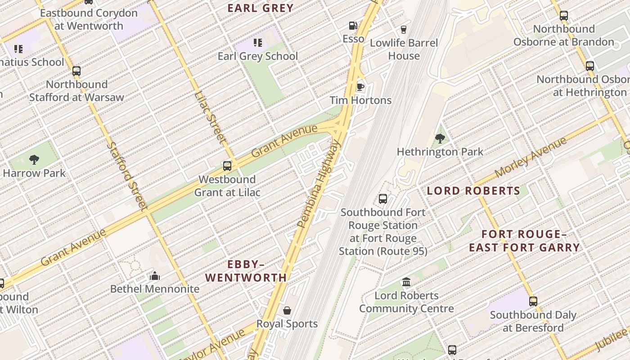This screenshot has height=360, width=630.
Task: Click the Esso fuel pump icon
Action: pyautogui.click(x=353, y=26)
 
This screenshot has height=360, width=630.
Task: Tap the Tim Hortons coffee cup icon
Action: pyautogui.click(x=360, y=87)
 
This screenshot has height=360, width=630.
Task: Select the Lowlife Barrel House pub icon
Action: pyautogui.click(x=403, y=30)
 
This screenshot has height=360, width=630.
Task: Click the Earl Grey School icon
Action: pyautogui.click(x=258, y=43)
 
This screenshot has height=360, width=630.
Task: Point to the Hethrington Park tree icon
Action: pyautogui.click(x=440, y=139)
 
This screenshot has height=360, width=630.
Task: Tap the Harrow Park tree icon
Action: pyautogui.click(x=34, y=159)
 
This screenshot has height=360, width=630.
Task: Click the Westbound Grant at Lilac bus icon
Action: pyautogui.click(x=227, y=166)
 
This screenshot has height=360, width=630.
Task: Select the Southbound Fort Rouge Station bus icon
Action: pyautogui.click(x=383, y=199)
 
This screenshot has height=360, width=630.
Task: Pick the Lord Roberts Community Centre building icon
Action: pyautogui.click(x=406, y=282)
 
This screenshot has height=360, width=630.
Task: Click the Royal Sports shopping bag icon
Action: pyautogui.click(x=287, y=310)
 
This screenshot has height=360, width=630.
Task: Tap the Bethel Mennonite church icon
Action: pyautogui.click(x=155, y=276)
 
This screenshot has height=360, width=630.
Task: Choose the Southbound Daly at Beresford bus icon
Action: pyautogui.click(x=533, y=301)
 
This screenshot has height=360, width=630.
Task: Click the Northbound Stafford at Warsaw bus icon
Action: pyautogui.click(x=76, y=71)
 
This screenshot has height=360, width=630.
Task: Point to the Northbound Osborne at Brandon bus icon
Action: pyautogui.click(x=563, y=16)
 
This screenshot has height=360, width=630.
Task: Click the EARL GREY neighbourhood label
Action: pyautogui.click(x=260, y=8)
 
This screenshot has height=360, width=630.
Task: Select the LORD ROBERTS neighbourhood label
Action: pyautogui.click(x=473, y=191)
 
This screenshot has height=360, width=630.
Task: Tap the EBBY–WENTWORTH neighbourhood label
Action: pyautogui.click(x=246, y=271)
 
